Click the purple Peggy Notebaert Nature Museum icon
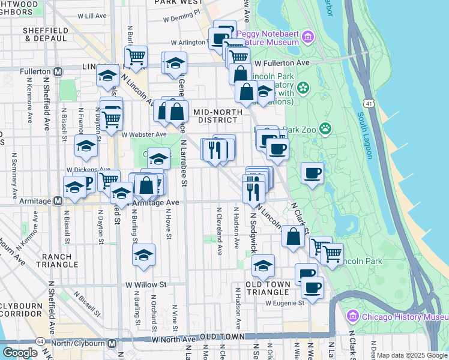tap(309, 37)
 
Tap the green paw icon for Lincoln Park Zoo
tap(325, 127)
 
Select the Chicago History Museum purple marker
tap(352, 316)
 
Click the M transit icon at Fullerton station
tap(58, 71)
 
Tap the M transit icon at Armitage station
tap(58, 201)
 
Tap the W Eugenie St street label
tap(285, 303)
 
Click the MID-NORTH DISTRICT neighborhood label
tap(218, 115)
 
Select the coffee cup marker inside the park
tap(312, 174)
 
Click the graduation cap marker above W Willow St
tap(144, 254)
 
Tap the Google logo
tap(20, 353)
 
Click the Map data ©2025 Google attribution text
tap(411, 355)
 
